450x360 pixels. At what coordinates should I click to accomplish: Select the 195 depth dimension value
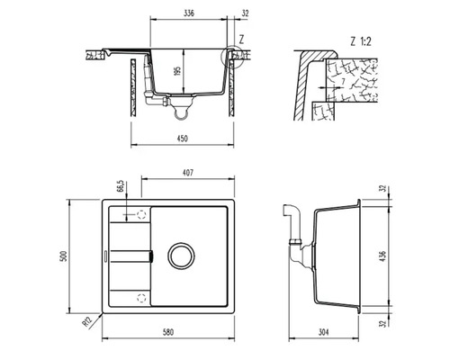(x=177, y=71)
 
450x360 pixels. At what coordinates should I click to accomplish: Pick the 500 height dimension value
(x=64, y=256)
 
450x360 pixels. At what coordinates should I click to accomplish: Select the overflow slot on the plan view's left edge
(x=107, y=256)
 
